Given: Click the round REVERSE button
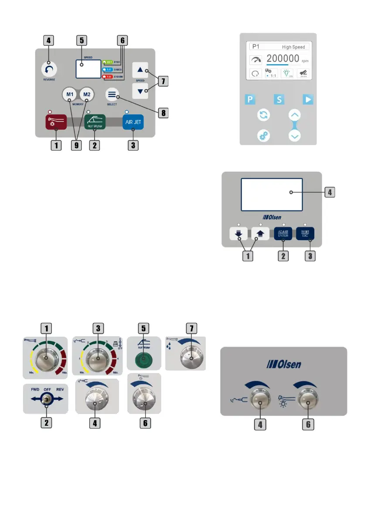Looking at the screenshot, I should click(x=49, y=70).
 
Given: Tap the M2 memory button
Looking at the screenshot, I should click(x=87, y=95).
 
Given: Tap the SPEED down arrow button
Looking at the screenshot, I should click(x=140, y=91).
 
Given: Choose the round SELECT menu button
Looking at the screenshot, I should click(x=112, y=94).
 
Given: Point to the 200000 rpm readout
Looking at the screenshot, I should click(x=283, y=59).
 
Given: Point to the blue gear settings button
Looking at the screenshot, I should click(x=265, y=136).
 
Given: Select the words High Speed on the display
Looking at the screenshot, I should click(x=293, y=47).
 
